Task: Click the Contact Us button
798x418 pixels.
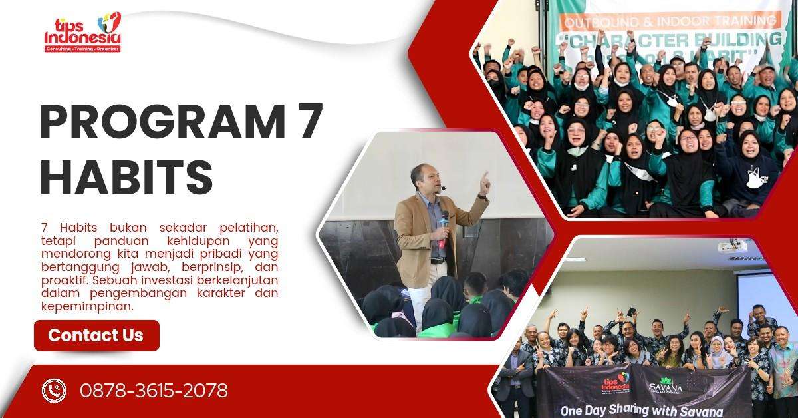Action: click(x=96, y=335)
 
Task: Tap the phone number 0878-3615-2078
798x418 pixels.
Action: click(x=154, y=391)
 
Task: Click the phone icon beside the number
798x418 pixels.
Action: click(x=54, y=391)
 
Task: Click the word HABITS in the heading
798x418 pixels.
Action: click(x=126, y=176)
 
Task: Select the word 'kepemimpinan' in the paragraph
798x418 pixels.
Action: click(x=87, y=306)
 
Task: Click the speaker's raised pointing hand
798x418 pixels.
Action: click(x=484, y=181)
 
